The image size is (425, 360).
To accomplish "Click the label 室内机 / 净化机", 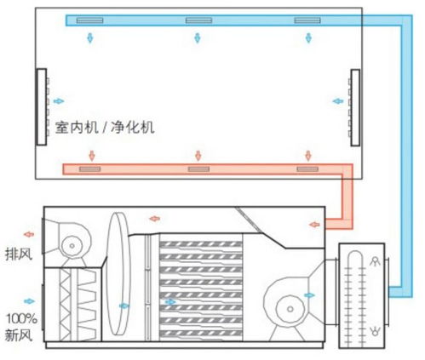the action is click(x=105, y=127).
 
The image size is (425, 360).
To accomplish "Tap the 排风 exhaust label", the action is click(x=19, y=254).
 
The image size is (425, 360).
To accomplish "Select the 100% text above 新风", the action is click(x=22, y=319).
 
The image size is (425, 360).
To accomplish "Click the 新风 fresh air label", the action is click(x=19, y=335).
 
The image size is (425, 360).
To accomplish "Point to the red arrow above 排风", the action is click(x=29, y=234).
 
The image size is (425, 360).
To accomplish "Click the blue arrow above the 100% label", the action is click(x=30, y=301).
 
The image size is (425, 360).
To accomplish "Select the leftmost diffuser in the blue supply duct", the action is click(x=89, y=20).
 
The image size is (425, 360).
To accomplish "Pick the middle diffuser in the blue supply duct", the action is click(x=198, y=20).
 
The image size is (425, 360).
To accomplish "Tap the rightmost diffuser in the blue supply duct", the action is click(x=307, y=20).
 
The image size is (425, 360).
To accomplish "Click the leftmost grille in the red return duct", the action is click(x=90, y=169).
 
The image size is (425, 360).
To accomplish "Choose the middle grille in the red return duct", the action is click(x=198, y=169).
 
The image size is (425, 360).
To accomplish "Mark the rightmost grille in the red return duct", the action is click(x=307, y=169).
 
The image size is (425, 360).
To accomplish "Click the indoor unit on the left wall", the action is click(x=42, y=107).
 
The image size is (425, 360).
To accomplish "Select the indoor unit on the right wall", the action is click(x=355, y=107).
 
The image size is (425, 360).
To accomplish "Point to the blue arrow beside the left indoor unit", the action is click(x=59, y=101).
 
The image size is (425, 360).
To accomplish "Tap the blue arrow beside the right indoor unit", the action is click(x=338, y=101).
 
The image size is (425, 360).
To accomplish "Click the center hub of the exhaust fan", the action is click(x=72, y=246).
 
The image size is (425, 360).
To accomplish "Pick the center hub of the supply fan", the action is click(x=290, y=309).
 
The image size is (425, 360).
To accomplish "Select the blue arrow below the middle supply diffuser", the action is click(x=198, y=37).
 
